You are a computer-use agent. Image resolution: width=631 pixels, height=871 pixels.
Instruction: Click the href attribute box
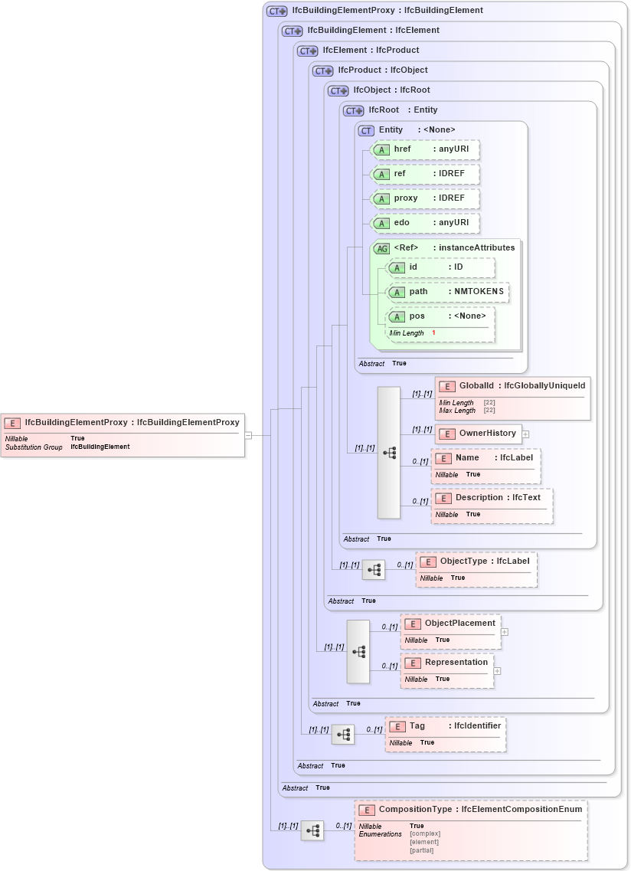(425, 149)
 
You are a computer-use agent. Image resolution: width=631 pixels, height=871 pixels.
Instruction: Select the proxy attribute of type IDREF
(425, 198)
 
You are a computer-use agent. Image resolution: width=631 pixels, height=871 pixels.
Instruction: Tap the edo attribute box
(425, 223)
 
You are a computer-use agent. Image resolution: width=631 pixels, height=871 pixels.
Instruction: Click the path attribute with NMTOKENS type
(447, 292)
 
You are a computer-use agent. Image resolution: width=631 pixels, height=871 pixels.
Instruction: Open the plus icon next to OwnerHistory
(526, 434)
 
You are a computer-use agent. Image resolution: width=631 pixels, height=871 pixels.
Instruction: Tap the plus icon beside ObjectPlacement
(505, 632)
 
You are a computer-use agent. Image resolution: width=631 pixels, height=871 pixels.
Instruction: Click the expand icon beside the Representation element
(498, 671)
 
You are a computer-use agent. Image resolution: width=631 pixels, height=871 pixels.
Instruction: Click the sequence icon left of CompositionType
(312, 830)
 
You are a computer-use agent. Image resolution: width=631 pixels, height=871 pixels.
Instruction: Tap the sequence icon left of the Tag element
(342, 734)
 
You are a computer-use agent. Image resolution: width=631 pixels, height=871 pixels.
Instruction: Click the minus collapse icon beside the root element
(248, 436)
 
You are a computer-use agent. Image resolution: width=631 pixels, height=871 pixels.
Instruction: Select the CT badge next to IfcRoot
(353, 110)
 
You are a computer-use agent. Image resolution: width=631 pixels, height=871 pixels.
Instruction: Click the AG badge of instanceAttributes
(381, 248)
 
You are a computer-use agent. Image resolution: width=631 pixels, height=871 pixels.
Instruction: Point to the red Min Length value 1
(433, 333)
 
